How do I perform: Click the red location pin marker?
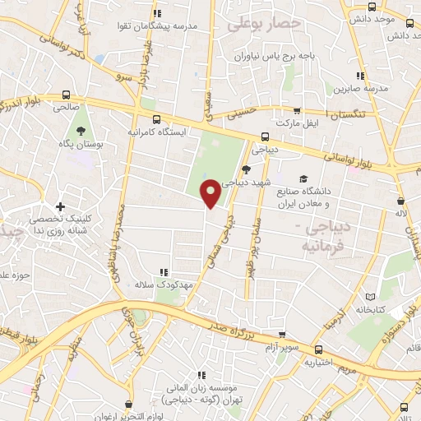click(x=210, y=193)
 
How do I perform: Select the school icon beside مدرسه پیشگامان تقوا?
click(x=158, y=12)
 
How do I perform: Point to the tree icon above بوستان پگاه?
click(x=81, y=131)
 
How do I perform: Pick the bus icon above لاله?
click(x=400, y=201)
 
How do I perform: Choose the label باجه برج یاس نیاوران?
click(x=264, y=58)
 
